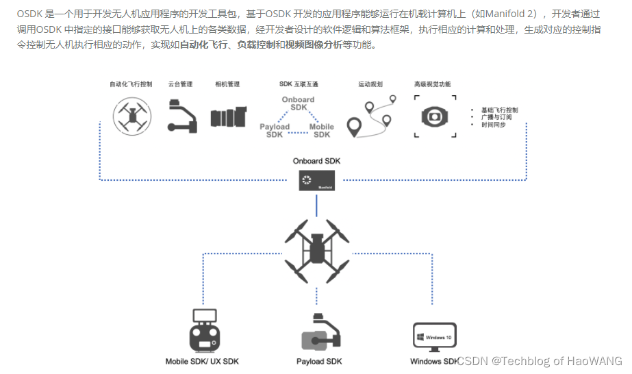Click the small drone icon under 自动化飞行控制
click(x=131, y=114)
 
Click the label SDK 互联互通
click(x=299, y=84)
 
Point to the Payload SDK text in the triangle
click(x=274, y=131)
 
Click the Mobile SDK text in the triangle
click(x=322, y=131)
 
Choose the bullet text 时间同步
click(x=493, y=125)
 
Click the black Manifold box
click(x=316, y=181)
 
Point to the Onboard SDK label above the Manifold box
click(x=316, y=161)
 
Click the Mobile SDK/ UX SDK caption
click(x=202, y=361)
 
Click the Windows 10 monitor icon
click(x=435, y=336)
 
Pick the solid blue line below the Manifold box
click(x=316, y=203)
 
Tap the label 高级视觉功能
click(x=433, y=84)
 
